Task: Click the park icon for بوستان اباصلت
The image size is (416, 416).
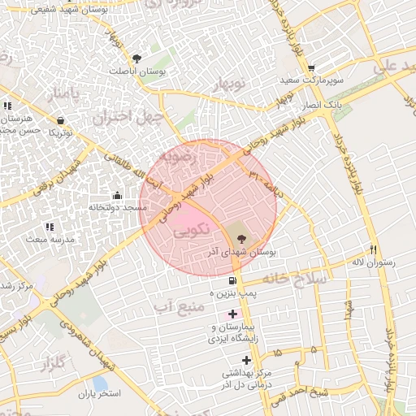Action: tap(136, 58)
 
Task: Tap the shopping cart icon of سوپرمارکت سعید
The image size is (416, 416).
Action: tap(310, 67)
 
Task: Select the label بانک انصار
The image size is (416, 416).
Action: tap(321, 106)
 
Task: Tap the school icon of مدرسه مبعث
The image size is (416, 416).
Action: tap(49, 227)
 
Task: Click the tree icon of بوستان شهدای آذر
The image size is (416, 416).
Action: tap(240, 237)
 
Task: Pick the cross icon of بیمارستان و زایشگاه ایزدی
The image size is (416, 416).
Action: tap(233, 313)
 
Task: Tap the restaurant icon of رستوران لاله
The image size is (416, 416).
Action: tap(373, 249)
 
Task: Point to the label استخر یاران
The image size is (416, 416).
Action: tap(99, 394)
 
